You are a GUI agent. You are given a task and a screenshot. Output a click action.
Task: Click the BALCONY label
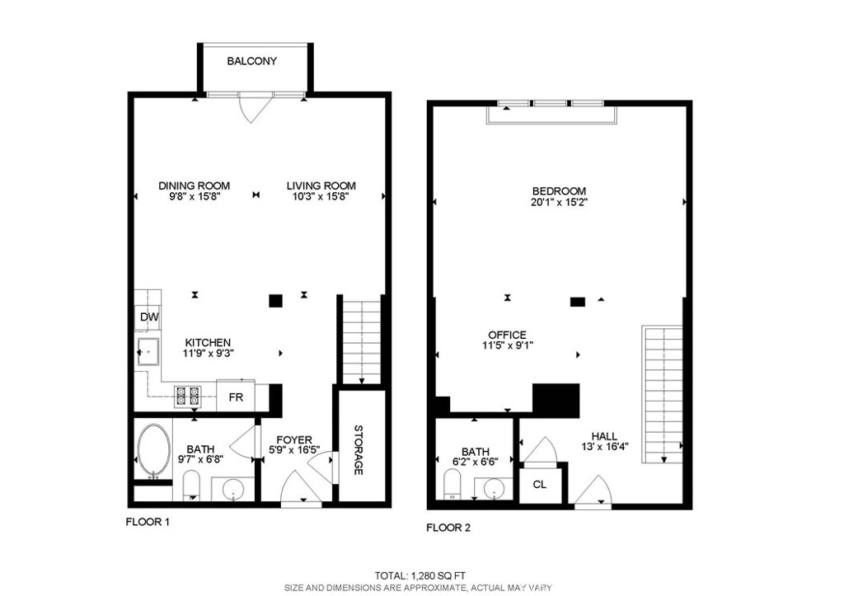[252, 61]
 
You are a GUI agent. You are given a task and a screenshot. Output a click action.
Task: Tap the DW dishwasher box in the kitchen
[148, 317]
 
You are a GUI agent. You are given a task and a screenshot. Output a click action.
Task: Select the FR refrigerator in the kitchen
[237, 397]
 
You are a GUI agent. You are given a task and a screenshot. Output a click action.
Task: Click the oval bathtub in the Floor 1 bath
[154, 451]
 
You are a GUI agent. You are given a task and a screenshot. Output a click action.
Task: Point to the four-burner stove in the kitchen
[187, 396]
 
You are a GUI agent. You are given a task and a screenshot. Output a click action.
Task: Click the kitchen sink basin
[148, 351]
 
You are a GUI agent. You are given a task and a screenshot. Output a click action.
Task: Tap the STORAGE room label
[359, 450]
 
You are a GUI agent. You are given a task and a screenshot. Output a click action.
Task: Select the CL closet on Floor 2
[540, 485]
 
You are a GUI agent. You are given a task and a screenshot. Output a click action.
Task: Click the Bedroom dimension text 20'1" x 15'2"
[559, 203]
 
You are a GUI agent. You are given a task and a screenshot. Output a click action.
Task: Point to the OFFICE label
[508, 335]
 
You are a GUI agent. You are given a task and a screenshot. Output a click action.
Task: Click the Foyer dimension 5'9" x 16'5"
[294, 450]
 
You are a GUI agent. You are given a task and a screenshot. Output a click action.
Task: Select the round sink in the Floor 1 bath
[233, 490]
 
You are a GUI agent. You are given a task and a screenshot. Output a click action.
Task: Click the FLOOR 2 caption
[448, 528]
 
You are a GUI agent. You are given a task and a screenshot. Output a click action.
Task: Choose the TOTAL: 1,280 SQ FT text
[420, 575]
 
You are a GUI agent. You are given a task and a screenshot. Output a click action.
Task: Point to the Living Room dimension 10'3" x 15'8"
[321, 196]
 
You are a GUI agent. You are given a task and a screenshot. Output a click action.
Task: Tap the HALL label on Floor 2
[604, 436]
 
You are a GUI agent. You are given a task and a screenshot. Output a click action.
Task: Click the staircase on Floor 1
[362, 341]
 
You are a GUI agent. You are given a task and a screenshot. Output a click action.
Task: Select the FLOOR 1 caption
[148, 522]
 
